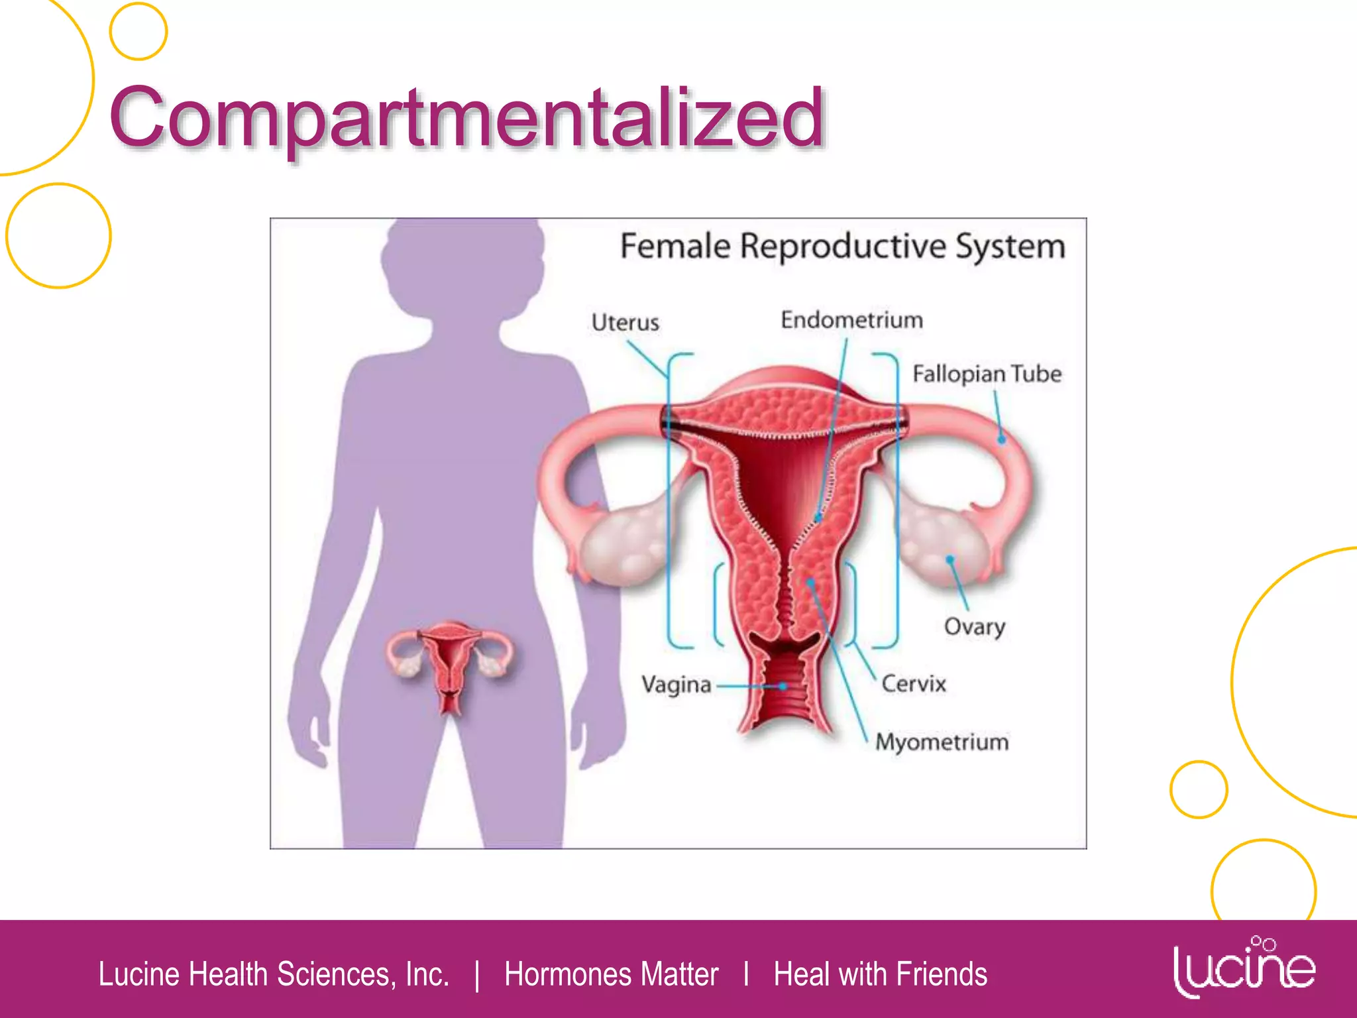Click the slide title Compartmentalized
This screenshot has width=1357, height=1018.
(466, 118)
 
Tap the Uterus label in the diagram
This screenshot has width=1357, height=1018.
(625, 323)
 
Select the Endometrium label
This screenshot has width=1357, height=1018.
(851, 320)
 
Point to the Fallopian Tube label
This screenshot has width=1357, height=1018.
(987, 374)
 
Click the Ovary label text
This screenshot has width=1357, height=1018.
(974, 626)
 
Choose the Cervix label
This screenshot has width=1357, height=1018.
(913, 683)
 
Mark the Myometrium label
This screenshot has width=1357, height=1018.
(942, 742)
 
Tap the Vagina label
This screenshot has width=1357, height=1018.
(676, 684)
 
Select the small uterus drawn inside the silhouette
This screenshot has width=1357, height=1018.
(451, 663)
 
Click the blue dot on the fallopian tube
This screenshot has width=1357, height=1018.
(1002, 440)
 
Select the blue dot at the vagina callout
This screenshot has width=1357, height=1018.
(783, 687)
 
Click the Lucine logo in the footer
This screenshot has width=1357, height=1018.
(1243, 968)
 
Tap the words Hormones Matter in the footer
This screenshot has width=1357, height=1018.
(611, 974)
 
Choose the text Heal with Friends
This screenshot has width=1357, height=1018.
(880, 974)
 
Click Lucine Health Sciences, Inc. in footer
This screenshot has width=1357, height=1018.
(274, 974)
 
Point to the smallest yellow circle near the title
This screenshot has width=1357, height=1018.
(138, 31)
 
